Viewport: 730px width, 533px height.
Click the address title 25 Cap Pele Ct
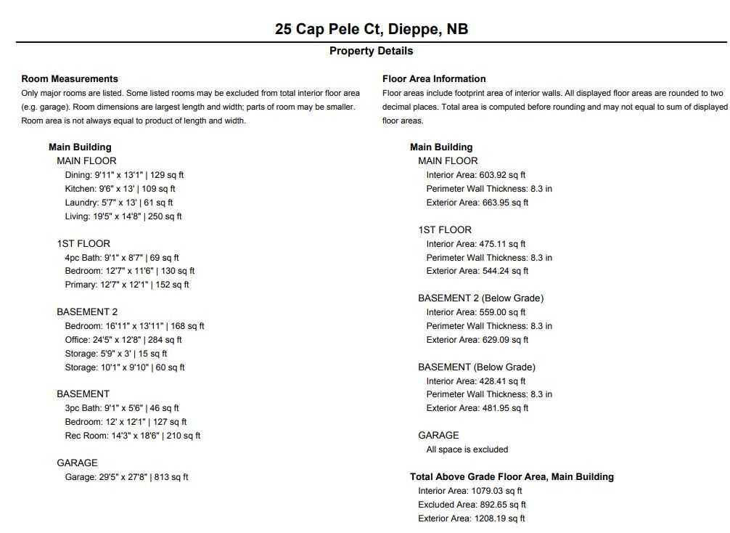click(x=371, y=29)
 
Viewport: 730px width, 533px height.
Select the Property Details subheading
click(x=371, y=51)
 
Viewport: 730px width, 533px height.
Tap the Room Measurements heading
click(x=70, y=79)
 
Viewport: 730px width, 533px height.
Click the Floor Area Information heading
click(x=434, y=79)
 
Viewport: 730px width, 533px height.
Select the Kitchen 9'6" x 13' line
click(x=120, y=189)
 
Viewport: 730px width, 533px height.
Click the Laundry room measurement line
click(x=118, y=203)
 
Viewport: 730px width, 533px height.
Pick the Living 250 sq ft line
click(x=123, y=216)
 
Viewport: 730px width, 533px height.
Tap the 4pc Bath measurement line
click(x=122, y=257)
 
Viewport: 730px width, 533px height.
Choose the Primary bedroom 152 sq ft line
click(x=127, y=285)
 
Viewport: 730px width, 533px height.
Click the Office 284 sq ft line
click(x=123, y=340)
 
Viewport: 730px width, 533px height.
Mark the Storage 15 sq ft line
click(x=116, y=354)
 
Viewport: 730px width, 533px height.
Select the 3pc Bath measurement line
click(x=122, y=408)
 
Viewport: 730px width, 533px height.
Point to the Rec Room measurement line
click(x=133, y=436)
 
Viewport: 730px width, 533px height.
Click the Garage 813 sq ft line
click(x=126, y=477)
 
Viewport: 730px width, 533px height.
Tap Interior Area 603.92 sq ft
click(x=475, y=175)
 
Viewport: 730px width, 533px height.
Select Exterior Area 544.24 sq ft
click(x=477, y=271)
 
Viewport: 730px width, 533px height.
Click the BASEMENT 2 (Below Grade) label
click(x=480, y=298)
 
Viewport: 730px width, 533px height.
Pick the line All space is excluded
click(x=467, y=449)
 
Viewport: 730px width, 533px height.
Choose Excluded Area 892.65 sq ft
click(x=472, y=505)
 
